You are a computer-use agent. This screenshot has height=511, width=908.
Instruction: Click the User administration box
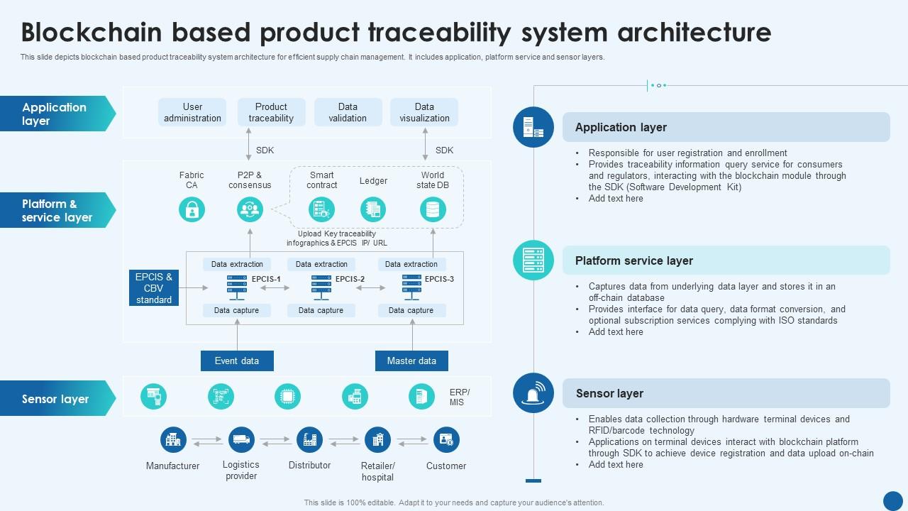coord(192,113)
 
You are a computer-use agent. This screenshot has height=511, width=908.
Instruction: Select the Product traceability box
coord(271,113)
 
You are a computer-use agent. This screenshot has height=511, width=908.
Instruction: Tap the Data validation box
coord(348,113)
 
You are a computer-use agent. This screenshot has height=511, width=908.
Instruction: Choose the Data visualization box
coord(424,113)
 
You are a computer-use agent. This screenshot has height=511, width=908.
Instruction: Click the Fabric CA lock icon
coord(192,209)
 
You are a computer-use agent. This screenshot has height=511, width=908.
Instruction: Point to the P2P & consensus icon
coord(250,209)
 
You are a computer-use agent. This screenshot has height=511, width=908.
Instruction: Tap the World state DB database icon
coord(433,209)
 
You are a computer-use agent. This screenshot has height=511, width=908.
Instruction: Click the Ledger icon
coord(373,209)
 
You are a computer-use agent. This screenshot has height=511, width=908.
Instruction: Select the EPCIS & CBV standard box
coord(154,288)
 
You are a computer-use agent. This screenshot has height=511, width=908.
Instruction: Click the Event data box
coord(237,361)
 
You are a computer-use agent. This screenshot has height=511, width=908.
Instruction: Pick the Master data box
coord(411,361)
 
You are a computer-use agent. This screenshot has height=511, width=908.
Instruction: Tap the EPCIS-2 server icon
coord(321,287)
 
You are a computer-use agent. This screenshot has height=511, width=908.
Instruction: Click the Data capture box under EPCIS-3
coord(411,310)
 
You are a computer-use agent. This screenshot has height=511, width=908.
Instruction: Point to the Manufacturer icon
coord(173,440)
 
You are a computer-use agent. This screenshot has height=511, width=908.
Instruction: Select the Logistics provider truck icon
coord(241,440)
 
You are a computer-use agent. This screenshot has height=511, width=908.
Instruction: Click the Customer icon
coord(446,440)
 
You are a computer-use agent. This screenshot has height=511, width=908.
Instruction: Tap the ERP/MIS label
coord(460,397)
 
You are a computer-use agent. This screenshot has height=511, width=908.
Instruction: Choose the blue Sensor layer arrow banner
coord(57,399)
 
